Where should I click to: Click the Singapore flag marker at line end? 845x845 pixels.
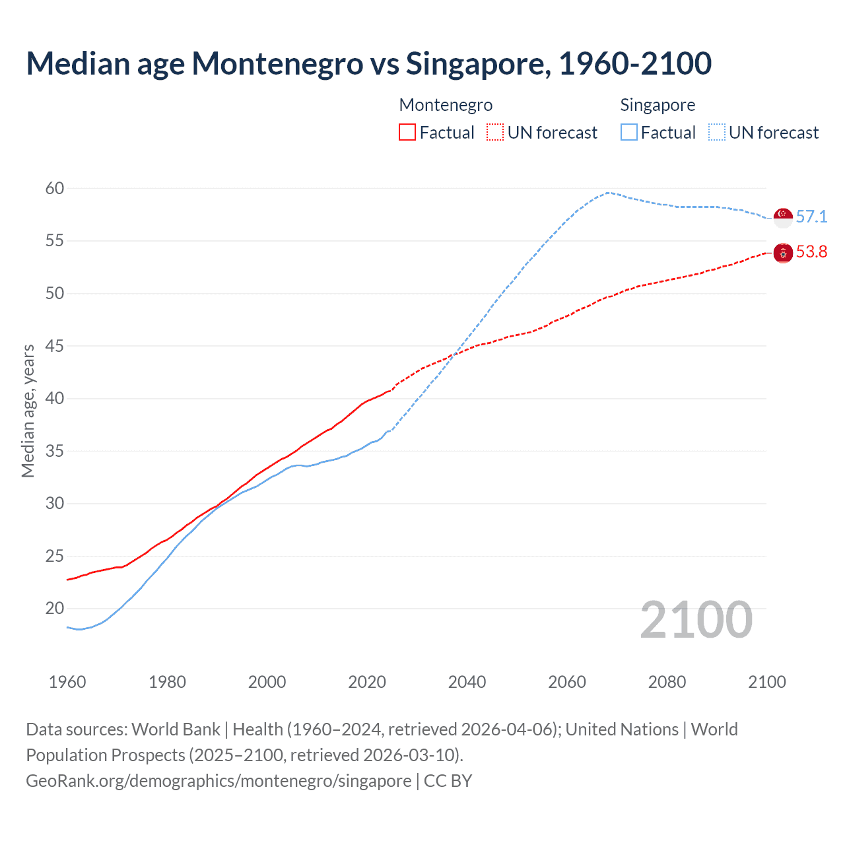pyautogui.click(x=783, y=217)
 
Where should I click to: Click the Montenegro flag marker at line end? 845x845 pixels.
pyautogui.click(x=783, y=252)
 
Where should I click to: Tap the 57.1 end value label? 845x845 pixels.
pyautogui.click(x=811, y=217)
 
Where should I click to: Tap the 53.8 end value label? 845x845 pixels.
pyautogui.click(x=811, y=252)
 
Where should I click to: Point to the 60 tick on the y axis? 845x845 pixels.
pyautogui.click(x=55, y=188)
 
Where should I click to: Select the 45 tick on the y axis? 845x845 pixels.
pyautogui.click(x=55, y=346)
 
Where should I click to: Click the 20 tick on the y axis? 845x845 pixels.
pyautogui.click(x=55, y=608)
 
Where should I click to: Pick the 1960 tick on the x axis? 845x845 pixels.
pyautogui.click(x=67, y=682)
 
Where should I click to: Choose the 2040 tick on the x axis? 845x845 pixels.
pyautogui.click(x=467, y=682)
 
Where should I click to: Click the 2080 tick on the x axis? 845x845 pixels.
pyautogui.click(x=667, y=682)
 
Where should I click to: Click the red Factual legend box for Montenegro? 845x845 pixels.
pyautogui.click(x=407, y=133)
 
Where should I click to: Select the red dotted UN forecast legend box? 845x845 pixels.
pyautogui.click(x=495, y=133)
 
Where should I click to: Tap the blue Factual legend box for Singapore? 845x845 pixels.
pyautogui.click(x=629, y=133)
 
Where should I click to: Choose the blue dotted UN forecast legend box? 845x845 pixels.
pyautogui.click(x=717, y=133)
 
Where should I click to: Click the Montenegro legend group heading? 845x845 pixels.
pyautogui.click(x=446, y=105)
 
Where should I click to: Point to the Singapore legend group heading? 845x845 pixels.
pyautogui.click(x=658, y=105)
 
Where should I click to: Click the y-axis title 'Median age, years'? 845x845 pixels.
pyautogui.click(x=28, y=411)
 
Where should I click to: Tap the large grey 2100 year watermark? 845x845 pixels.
pyautogui.click(x=696, y=619)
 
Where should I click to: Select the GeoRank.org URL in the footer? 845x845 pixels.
pyautogui.click(x=219, y=781)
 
